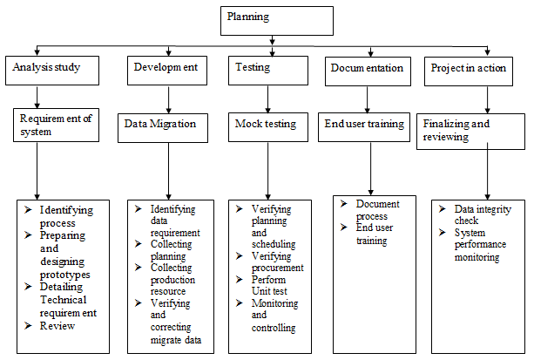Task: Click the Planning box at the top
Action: [275, 18]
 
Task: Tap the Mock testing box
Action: [267, 126]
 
